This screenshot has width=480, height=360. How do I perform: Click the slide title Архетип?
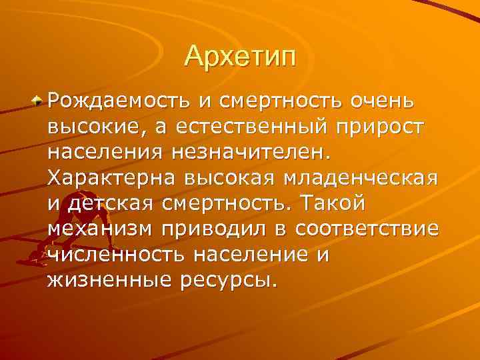click(239, 56)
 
